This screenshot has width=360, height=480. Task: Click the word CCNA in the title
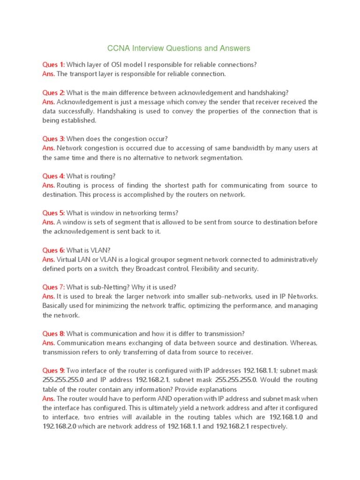point(117,48)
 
